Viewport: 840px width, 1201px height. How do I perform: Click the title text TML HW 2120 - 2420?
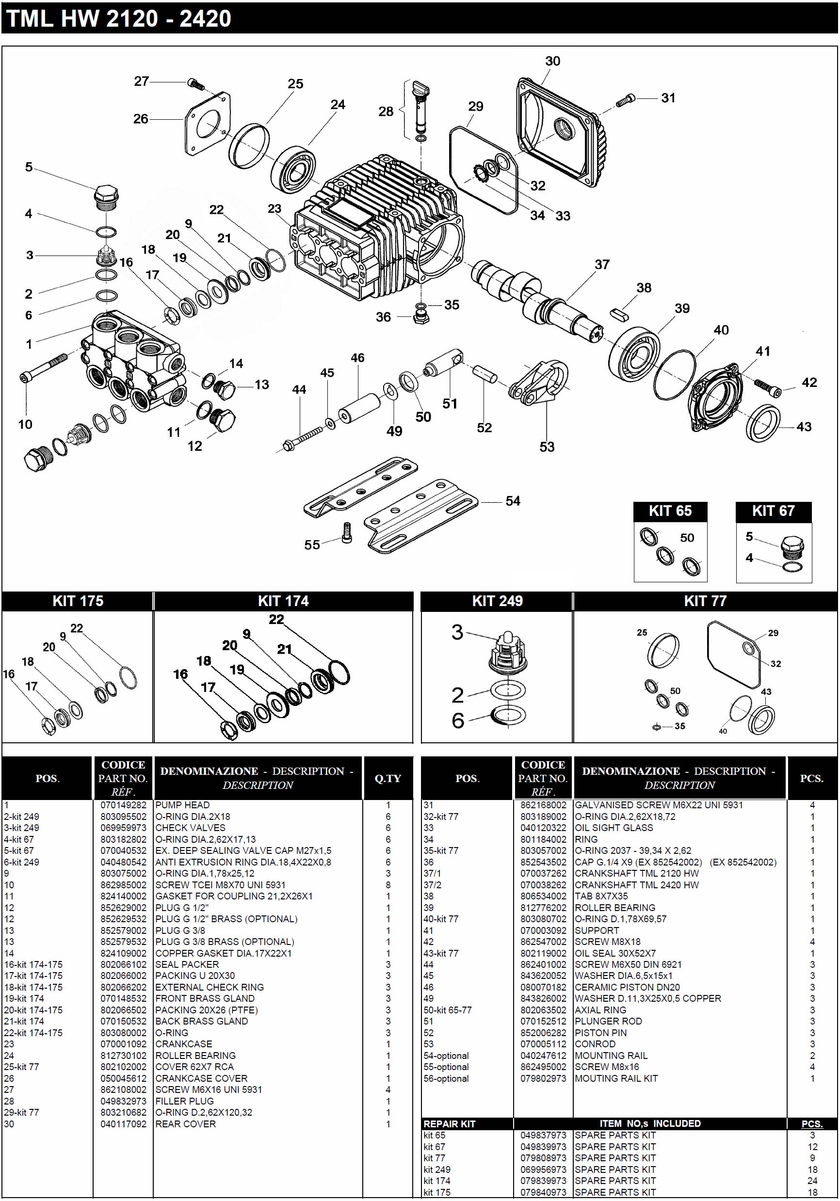[119, 19]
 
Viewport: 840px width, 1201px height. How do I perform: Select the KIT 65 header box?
[670, 511]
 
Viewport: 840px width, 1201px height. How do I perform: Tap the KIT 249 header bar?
[497, 601]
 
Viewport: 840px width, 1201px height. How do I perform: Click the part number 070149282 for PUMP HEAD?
[123, 805]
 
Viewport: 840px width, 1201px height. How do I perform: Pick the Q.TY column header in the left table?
[388, 778]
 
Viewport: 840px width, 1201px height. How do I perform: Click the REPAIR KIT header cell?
[450, 1123]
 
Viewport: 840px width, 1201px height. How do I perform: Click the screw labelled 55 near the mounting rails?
[346, 532]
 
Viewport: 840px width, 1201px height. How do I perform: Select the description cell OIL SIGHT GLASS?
[614, 828]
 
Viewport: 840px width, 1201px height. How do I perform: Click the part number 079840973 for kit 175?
[543, 1192]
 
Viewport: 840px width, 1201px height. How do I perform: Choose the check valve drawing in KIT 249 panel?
[507, 654]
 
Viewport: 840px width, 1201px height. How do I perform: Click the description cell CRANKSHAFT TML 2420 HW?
[636, 885]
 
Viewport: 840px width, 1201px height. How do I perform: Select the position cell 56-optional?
[446, 1079]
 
